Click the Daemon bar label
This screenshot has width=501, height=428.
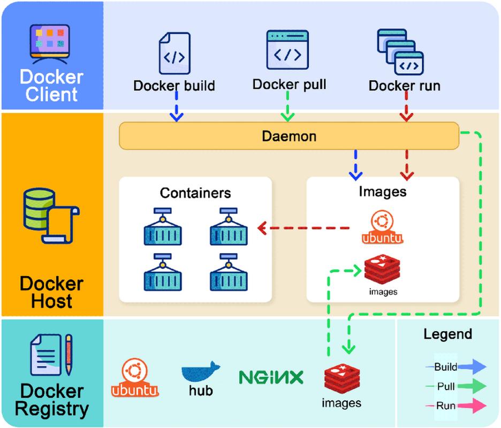point(289,136)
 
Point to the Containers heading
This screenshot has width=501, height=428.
point(195,193)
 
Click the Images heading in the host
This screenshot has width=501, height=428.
point(383,191)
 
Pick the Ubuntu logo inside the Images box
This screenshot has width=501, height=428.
point(382,227)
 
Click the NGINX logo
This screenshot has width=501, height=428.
point(271,378)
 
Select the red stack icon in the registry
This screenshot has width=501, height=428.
point(341,378)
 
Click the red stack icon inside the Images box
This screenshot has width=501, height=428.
point(383,270)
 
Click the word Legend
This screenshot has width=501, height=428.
point(448,334)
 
